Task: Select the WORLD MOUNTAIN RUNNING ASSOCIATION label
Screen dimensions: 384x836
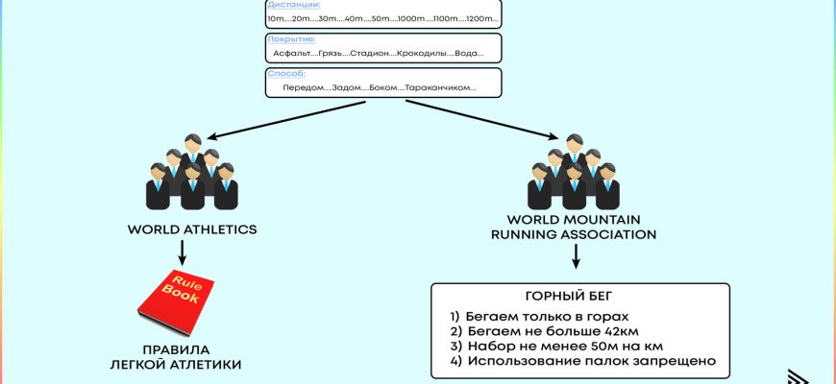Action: tap(574, 227)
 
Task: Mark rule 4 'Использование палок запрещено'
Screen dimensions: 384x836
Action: tap(582, 361)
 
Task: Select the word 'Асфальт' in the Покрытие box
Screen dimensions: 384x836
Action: tap(292, 54)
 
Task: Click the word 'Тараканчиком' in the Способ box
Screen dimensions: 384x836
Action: tap(440, 87)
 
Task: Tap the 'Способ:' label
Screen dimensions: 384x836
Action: tap(287, 73)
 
